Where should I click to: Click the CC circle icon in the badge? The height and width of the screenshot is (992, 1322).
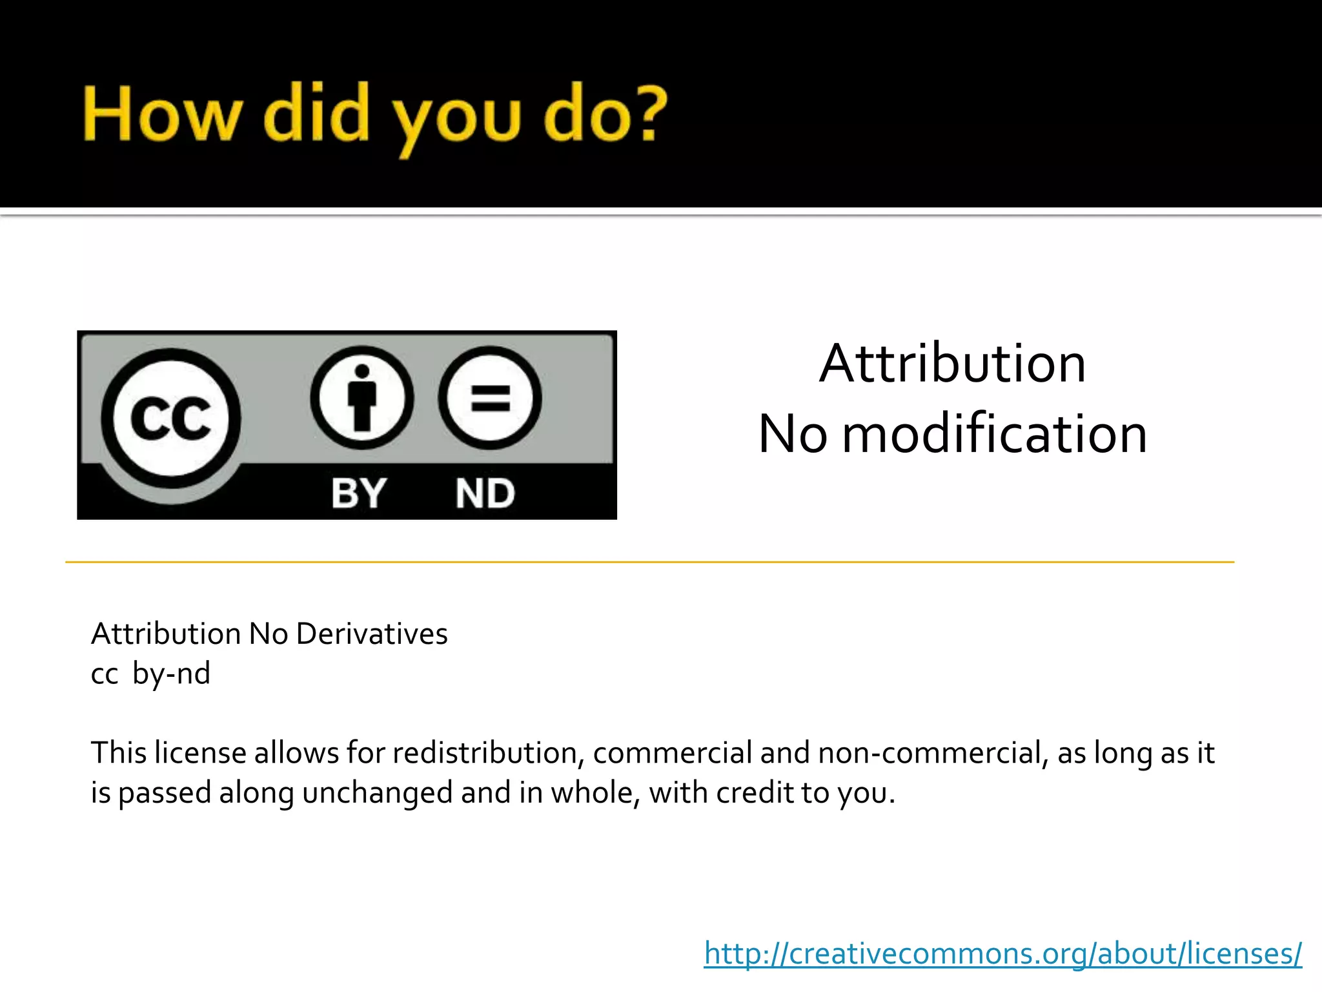(x=170, y=418)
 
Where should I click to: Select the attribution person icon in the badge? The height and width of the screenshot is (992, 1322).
(x=362, y=398)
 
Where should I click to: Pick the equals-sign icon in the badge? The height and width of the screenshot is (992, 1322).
(x=490, y=398)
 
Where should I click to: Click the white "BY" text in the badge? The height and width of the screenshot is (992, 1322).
(x=359, y=493)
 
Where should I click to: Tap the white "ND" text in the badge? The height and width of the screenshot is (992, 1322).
(x=485, y=493)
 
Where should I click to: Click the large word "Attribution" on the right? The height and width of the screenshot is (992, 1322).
(x=953, y=364)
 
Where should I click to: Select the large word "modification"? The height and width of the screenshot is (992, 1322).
(x=995, y=434)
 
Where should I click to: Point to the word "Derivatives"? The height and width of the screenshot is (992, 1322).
(x=372, y=634)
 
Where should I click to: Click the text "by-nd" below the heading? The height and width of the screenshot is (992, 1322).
(x=171, y=674)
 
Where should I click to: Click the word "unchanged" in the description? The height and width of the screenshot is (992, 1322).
(x=377, y=792)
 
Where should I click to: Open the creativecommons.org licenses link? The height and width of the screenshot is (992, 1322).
(x=1003, y=954)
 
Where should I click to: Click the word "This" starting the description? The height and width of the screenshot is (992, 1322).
(x=119, y=753)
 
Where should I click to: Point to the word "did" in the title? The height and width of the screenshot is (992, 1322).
(x=316, y=114)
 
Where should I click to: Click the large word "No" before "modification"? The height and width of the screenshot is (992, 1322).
(x=793, y=434)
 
